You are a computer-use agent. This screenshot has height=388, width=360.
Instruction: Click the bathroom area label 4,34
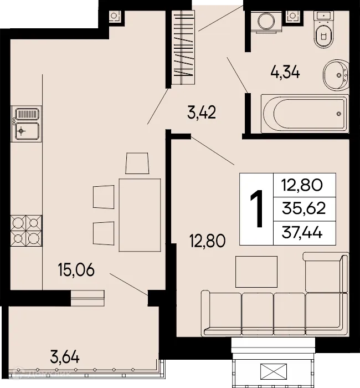285,73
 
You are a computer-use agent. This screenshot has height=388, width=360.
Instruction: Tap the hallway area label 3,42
201,115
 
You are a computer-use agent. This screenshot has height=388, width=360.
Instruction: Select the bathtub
305,114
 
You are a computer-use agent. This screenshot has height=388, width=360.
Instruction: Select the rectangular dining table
140,214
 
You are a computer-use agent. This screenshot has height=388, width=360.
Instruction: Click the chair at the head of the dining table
137,164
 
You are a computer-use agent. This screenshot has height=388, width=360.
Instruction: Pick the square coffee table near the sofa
254,272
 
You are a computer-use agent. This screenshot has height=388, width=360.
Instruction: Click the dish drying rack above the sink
25,115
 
